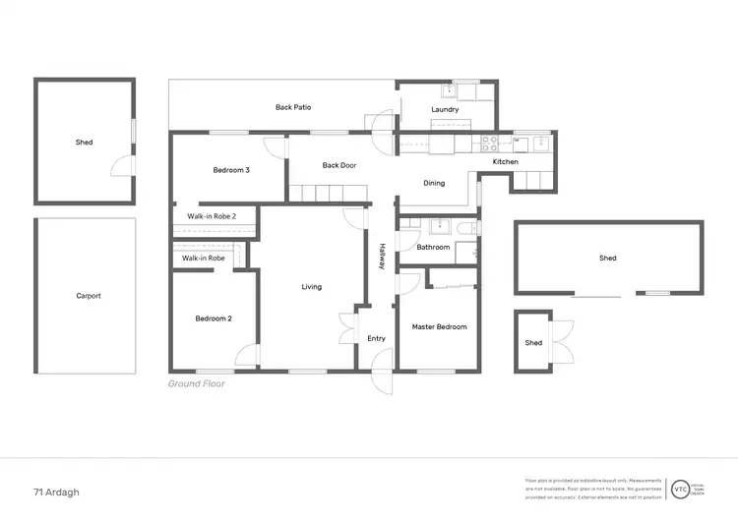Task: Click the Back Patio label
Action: pos(293,107)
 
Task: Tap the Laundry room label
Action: pos(445,109)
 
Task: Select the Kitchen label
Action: pos(505,161)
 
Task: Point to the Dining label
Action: pos(434,183)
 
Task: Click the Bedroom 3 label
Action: pos(231,170)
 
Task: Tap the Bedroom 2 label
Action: pos(213,318)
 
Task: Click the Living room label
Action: pos(312,287)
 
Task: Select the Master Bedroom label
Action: pos(439,326)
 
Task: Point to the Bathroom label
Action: pos(433,248)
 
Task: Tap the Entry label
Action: pos(376,338)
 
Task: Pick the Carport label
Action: pos(89,295)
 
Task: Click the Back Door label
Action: pos(338,165)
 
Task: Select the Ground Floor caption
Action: pos(196,384)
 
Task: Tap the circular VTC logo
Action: pos(679,489)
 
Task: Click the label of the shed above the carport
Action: pos(85,143)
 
